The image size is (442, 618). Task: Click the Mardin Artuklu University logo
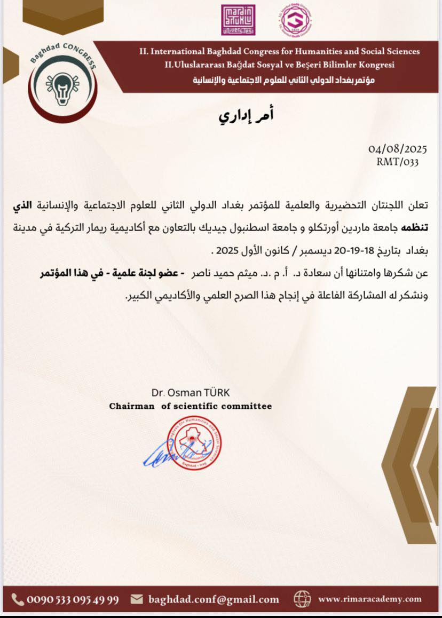point(238,20)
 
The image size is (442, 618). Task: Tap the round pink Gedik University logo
point(296,20)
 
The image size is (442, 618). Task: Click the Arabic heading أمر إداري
point(247,116)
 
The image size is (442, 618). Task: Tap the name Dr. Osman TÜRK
point(191,393)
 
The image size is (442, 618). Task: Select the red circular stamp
point(194,442)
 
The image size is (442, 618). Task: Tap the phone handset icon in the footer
point(18,599)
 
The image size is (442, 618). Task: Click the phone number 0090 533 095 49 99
point(73,600)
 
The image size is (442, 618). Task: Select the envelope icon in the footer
point(137,599)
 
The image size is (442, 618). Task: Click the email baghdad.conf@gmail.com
point(214,600)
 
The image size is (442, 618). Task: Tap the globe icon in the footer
point(302,599)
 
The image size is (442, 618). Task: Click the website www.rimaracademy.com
point(370,599)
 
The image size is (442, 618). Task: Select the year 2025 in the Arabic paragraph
point(225,251)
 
